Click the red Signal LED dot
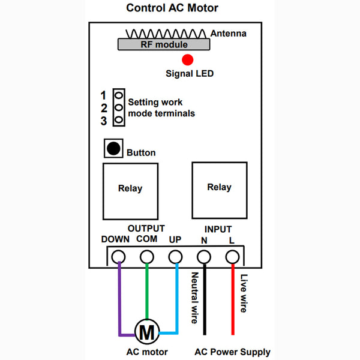click(x=188, y=60)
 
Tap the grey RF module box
click(x=164, y=44)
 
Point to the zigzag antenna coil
click(x=166, y=34)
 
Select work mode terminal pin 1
click(x=119, y=95)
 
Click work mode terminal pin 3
click(x=119, y=119)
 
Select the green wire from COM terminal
click(x=147, y=292)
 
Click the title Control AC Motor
click(x=172, y=8)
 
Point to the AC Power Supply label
click(x=232, y=352)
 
